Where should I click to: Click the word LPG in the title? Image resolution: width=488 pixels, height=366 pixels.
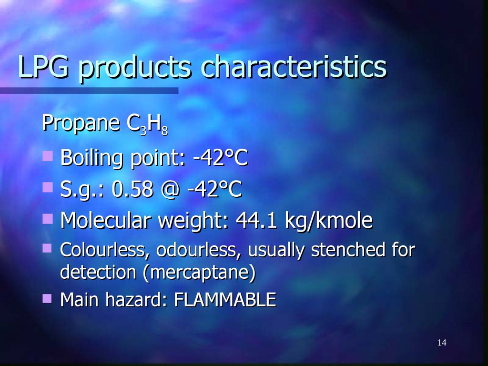[x=43, y=68]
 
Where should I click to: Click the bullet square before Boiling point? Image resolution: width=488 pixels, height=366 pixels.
[x=47, y=155]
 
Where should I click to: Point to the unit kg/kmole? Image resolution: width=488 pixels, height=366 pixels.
[x=328, y=222]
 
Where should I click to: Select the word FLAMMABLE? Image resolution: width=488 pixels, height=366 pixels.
[x=225, y=300]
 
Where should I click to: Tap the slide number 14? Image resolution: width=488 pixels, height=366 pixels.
[x=441, y=343]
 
